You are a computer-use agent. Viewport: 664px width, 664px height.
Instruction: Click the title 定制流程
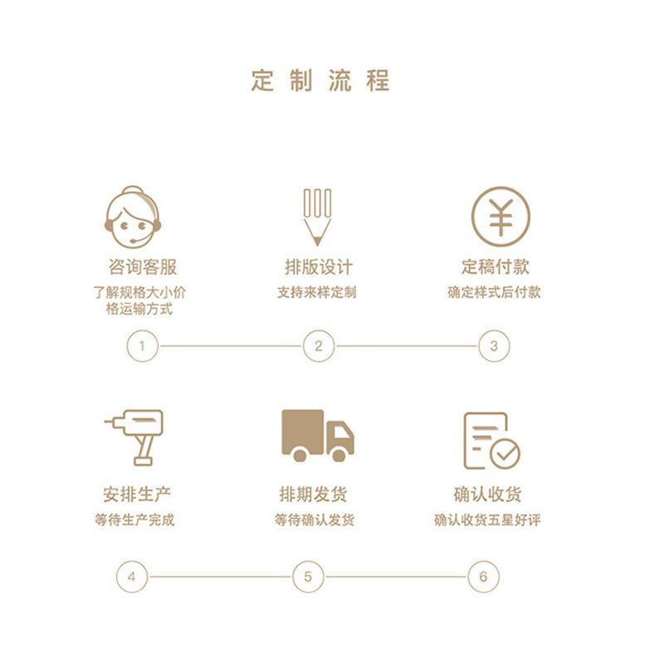pyautogui.click(x=320, y=81)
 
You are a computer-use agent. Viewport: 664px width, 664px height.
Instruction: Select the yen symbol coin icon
pyautogui.click(x=500, y=215)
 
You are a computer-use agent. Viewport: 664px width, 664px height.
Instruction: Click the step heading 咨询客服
pyautogui.click(x=143, y=267)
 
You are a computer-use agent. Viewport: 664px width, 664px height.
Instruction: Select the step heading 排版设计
pyautogui.click(x=318, y=267)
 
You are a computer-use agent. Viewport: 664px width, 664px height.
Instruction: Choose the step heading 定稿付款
pyautogui.click(x=495, y=267)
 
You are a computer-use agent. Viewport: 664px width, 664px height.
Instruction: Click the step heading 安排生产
pyautogui.click(x=137, y=495)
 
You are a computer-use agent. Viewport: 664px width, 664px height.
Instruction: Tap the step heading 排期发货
pyautogui.click(x=313, y=495)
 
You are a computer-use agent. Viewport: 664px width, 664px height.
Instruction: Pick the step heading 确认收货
pyautogui.click(x=488, y=495)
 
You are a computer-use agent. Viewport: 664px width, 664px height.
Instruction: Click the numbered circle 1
pyautogui.click(x=142, y=346)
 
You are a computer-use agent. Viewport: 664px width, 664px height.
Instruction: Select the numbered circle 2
pyautogui.click(x=318, y=346)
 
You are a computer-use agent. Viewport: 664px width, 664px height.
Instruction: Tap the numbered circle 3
pyautogui.click(x=494, y=346)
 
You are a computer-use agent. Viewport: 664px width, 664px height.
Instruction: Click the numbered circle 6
pyautogui.click(x=483, y=576)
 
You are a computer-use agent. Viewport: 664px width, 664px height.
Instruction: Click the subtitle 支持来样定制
pyautogui.click(x=317, y=292)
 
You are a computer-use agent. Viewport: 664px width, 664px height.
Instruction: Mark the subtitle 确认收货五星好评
pyautogui.click(x=488, y=520)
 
